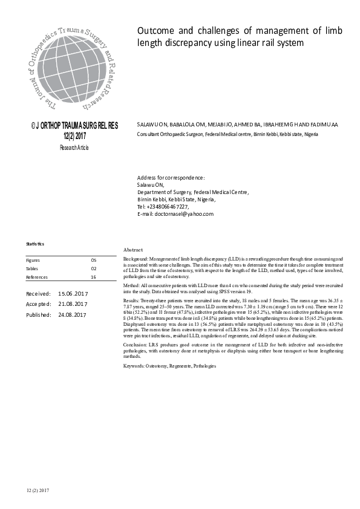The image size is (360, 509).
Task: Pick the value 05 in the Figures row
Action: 93,259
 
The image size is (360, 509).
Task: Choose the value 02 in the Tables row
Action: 93,268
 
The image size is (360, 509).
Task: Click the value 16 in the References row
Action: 93,277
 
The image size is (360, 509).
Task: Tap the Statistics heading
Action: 35,244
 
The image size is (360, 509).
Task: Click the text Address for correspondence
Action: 171,177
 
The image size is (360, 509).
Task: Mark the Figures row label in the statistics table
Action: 33,259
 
